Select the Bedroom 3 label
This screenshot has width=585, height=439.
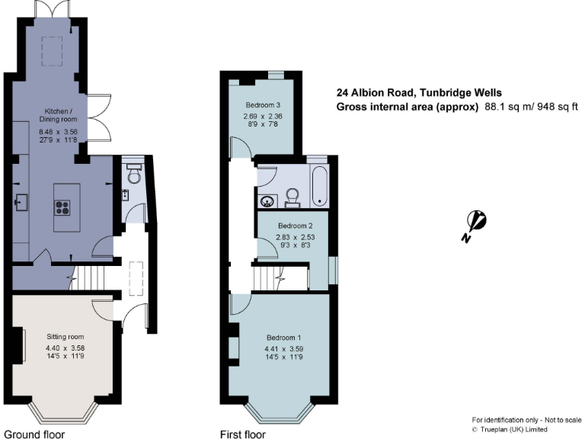tap(264, 104)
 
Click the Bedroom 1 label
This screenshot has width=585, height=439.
tap(284, 338)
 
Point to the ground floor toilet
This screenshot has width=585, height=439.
tap(134, 175)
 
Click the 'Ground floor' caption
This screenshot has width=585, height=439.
tap(34, 434)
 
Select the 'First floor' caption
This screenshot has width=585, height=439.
tap(241, 434)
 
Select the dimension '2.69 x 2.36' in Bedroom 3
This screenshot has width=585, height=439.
tap(264, 117)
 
